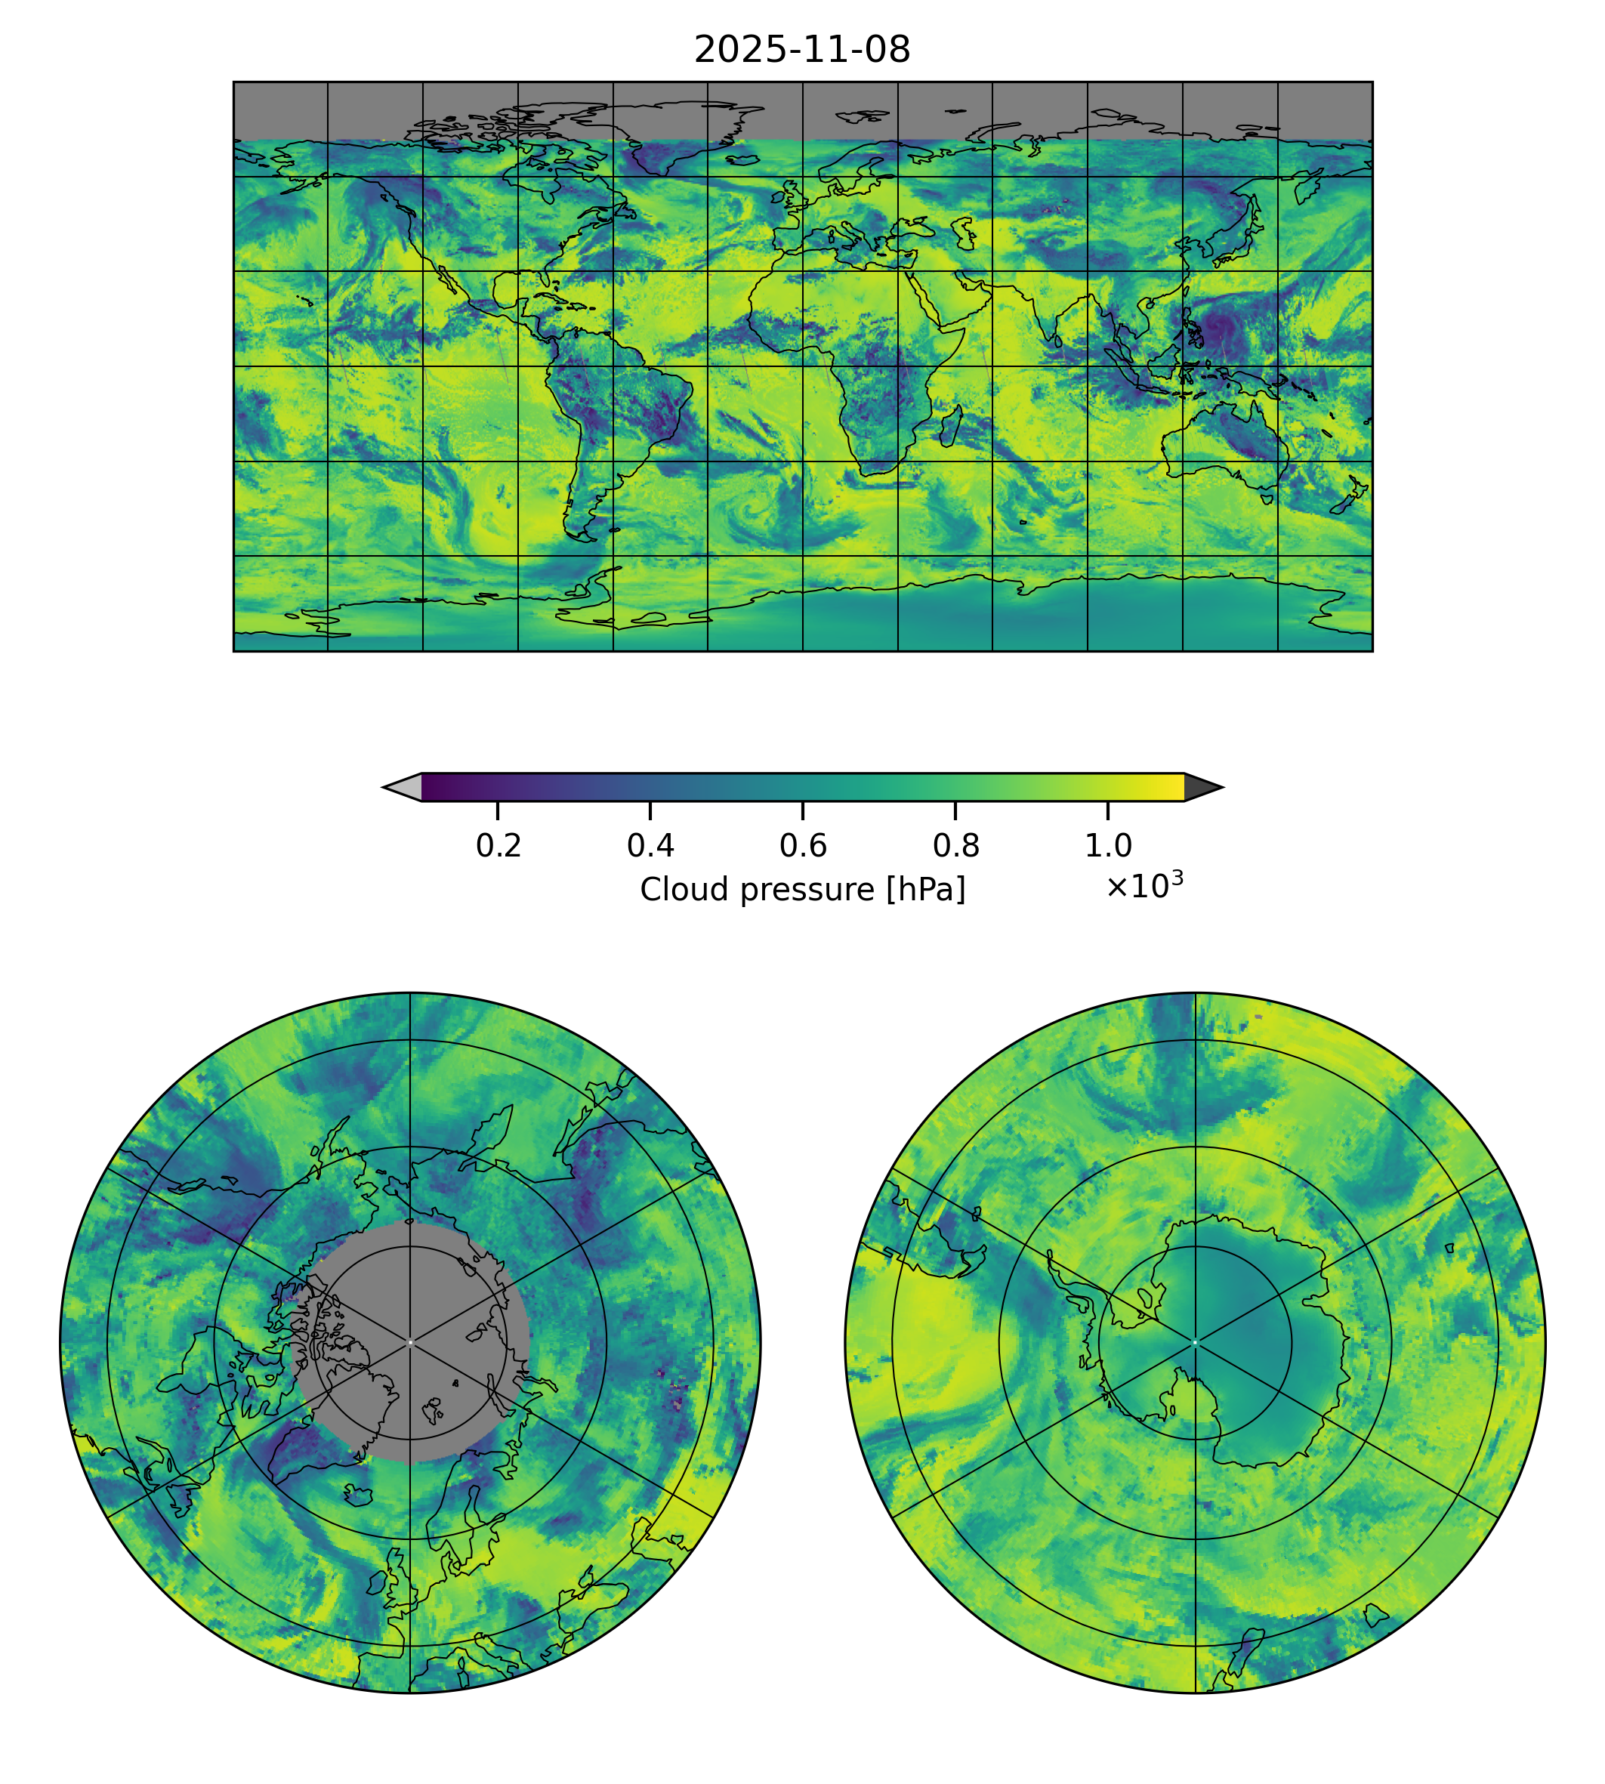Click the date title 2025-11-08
tap(801, 51)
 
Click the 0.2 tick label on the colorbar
tap(498, 846)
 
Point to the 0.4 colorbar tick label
tap(650, 846)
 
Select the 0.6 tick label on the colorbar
tap(802, 846)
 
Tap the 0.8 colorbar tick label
tap(955, 846)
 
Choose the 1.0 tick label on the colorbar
tap(1107, 846)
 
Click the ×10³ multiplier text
tap(1144, 885)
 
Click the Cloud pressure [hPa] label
tap(802, 890)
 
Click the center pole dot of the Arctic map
tap(410, 1342)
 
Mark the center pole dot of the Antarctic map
tap(1195, 1342)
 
